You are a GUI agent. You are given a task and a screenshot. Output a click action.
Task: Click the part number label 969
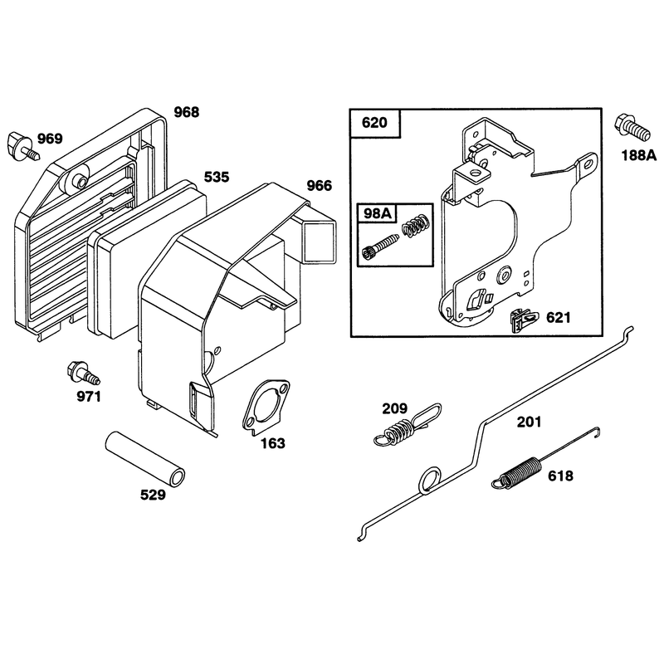click(50, 139)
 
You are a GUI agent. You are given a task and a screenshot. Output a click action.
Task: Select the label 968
click(186, 112)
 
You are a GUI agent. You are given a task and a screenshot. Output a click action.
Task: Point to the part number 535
click(217, 177)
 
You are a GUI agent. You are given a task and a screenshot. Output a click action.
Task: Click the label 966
click(320, 185)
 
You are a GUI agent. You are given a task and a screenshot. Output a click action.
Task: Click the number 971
click(89, 397)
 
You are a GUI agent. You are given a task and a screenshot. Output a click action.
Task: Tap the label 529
click(153, 495)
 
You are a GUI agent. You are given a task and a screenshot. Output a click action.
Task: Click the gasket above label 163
click(266, 408)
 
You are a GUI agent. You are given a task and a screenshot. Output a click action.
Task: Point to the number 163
click(273, 443)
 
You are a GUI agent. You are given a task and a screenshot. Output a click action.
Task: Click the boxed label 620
click(375, 123)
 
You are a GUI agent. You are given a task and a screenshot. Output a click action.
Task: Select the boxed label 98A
click(378, 213)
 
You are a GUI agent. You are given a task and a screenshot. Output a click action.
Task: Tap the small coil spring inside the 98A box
click(417, 226)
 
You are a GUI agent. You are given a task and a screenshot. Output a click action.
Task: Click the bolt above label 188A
click(632, 127)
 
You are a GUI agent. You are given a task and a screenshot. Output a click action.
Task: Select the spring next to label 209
click(408, 425)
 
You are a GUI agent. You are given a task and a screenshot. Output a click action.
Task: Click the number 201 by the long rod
click(529, 422)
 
